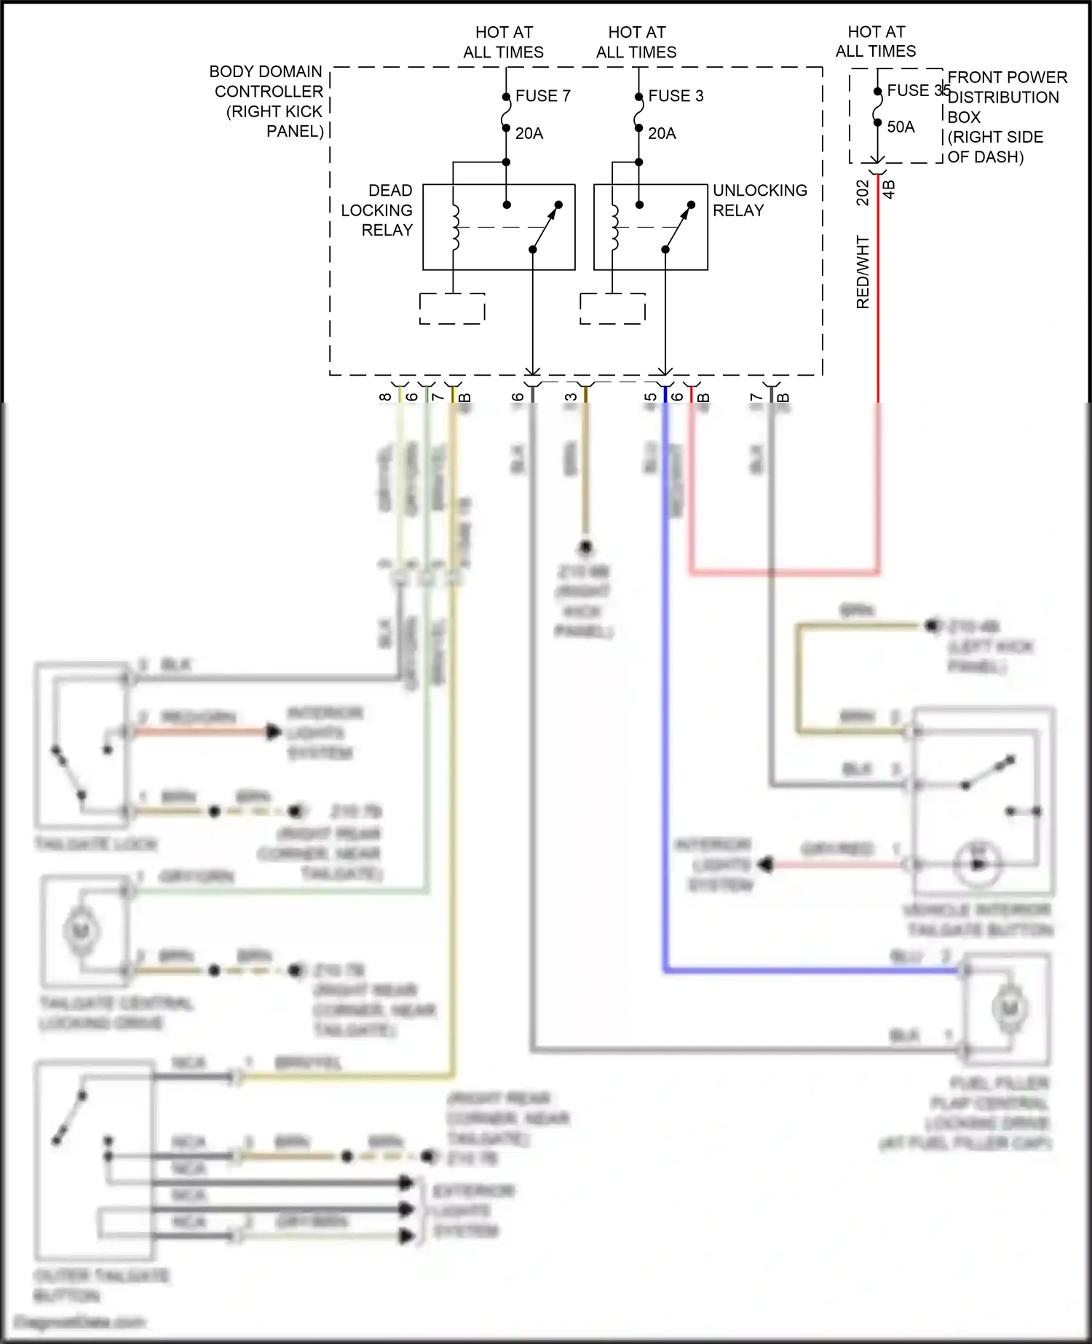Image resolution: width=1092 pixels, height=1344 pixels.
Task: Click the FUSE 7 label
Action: [x=542, y=96]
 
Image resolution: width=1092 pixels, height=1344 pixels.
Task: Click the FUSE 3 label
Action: [x=676, y=96]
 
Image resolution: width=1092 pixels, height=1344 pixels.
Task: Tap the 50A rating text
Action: [x=901, y=127]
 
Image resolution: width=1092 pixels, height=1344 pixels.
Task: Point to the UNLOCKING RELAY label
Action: [x=759, y=200]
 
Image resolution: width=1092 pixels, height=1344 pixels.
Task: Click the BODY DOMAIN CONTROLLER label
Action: [x=266, y=101]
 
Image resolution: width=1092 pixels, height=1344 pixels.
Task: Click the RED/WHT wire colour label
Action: [x=863, y=272]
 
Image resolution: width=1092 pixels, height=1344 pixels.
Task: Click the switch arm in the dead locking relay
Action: [x=546, y=226]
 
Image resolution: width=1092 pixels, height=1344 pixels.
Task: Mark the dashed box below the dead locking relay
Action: [x=452, y=309]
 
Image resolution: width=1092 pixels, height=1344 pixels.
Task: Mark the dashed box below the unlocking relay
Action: [x=612, y=309]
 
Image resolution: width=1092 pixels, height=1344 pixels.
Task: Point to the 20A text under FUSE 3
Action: [x=662, y=134]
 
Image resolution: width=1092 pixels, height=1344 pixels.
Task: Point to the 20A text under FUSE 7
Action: [x=529, y=134]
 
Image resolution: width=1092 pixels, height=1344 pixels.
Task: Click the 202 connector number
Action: [x=863, y=193]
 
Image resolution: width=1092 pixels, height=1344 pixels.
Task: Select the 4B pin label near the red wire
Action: [x=889, y=189]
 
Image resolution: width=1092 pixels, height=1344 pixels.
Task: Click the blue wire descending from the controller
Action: [x=665, y=655]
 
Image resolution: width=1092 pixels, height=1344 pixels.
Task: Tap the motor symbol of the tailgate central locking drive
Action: [x=81, y=930]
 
